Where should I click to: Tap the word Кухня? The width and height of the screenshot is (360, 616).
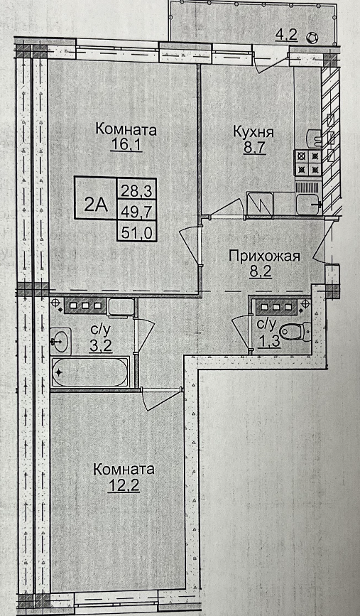tap(253, 133)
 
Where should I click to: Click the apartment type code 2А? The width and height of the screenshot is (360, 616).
tap(96, 206)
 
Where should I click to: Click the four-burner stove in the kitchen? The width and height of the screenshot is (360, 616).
tap(307, 163)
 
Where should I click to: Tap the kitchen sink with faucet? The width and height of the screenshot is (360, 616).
tap(308, 203)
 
